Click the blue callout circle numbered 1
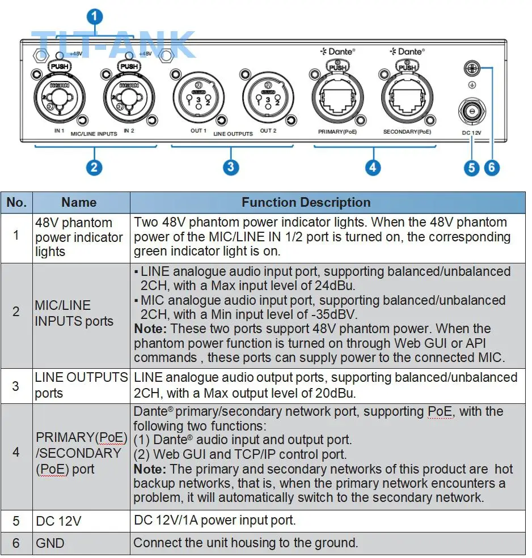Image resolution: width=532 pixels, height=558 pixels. pyautogui.click(x=94, y=16)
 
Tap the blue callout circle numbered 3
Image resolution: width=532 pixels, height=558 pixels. pyautogui.click(x=230, y=167)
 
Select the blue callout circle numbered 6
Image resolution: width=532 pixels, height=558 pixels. pyautogui.click(x=492, y=167)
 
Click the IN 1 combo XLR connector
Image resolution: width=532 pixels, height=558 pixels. pyautogui.click(x=60, y=97)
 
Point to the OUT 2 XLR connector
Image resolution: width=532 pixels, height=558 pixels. pyautogui.click(x=268, y=97)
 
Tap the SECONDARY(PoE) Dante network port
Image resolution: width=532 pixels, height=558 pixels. pyautogui.click(x=407, y=97)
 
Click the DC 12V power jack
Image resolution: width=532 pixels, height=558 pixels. pyautogui.click(x=472, y=112)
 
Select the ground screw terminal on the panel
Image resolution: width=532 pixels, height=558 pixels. pyautogui.click(x=472, y=68)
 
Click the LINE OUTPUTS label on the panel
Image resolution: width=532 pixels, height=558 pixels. pyautogui.click(x=233, y=134)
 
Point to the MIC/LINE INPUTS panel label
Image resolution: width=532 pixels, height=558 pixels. pyautogui.click(x=94, y=134)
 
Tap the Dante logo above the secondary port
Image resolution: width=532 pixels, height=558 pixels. pyautogui.click(x=407, y=52)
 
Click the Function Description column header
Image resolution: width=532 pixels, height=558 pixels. pyautogui.click(x=306, y=202)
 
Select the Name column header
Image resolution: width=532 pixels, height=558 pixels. pyautogui.click(x=79, y=202)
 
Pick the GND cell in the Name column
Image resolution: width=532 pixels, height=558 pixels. pyautogui.click(x=50, y=543)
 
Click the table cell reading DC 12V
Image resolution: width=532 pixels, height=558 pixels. pyautogui.click(x=58, y=521)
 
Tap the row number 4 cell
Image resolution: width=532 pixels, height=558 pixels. pyautogui.click(x=16, y=452)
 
